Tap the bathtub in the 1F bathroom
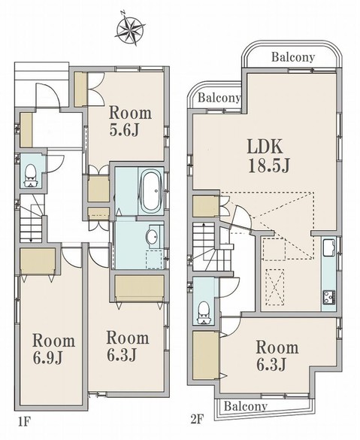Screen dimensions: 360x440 pos(150,191)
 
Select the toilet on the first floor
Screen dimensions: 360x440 pos(31,176)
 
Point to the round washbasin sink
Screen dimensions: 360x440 pos(152,237)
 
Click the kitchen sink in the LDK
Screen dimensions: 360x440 pos(329,247)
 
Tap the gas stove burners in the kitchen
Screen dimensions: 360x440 pos(329,297)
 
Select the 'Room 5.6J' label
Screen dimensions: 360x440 pos(130,121)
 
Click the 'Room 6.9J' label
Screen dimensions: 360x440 pos(53,348)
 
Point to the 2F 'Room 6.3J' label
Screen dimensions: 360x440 pos(277,356)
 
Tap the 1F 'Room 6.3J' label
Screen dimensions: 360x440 pos(128,346)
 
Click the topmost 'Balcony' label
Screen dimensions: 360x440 pos(293,57)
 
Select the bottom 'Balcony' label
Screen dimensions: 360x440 pos(246,405)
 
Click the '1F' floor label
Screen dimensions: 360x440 pos(24,422)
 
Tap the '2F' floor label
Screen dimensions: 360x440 pos(197,420)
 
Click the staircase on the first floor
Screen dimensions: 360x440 pos(31,218)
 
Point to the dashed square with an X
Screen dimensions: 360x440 pos(275,287)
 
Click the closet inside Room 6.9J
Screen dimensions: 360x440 pos(38,261)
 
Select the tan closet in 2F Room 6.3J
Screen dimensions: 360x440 pos(206,356)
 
